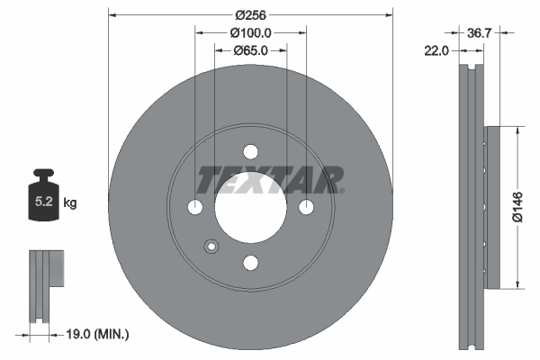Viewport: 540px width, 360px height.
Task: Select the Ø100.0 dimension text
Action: pos(250,32)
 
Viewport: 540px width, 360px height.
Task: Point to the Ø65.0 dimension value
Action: pos(250,51)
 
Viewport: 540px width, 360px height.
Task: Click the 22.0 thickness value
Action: pos(436,51)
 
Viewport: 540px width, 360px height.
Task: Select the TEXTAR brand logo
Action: pos(270,179)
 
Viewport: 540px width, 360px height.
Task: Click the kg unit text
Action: pos(69,203)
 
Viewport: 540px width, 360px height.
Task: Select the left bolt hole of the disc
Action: pos(196,208)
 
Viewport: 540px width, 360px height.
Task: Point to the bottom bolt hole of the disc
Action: pos(250,262)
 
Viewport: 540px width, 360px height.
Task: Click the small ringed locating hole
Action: pos(212,246)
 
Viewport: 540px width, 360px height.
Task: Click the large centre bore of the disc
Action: pos(250,208)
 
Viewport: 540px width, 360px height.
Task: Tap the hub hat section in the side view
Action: pos(490,208)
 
